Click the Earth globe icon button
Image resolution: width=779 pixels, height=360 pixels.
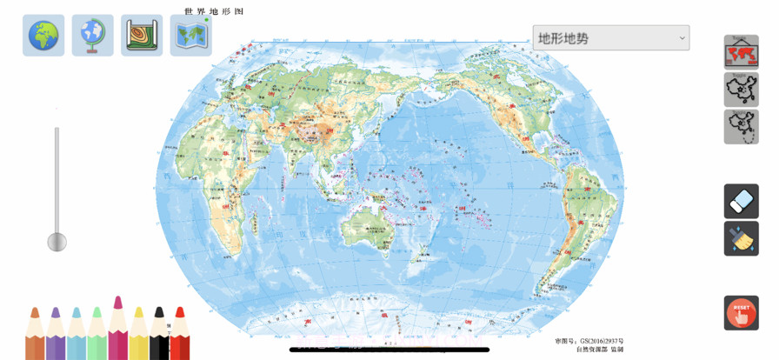(x=43, y=36)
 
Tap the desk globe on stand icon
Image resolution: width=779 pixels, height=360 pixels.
(x=92, y=36)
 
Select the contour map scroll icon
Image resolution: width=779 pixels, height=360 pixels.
(x=142, y=36)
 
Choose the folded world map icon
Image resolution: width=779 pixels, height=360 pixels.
(x=190, y=36)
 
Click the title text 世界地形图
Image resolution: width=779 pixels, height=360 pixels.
(x=214, y=11)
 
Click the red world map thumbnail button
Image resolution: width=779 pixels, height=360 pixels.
(x=741, y=52)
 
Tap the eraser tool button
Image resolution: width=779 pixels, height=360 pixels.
(x=741, y=202)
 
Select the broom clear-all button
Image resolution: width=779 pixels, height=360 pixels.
(x=741, y=238)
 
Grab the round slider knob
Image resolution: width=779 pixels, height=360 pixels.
(x=57, y=242)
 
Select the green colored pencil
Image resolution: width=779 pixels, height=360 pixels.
(x=97, y=335)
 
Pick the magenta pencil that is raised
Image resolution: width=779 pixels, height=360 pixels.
(x=117, y=330)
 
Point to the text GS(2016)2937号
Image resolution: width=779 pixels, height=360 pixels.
(x=601, y=341)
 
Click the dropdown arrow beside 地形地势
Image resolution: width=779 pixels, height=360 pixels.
(x=681, y=37)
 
